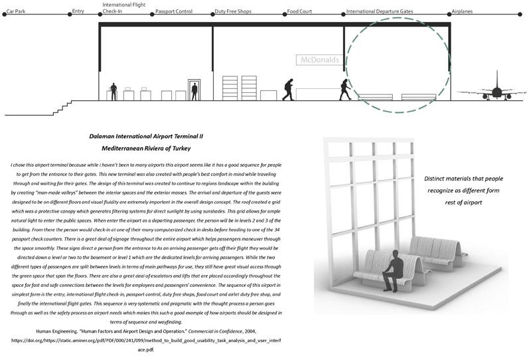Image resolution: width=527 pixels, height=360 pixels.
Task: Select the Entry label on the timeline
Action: pos(78,12)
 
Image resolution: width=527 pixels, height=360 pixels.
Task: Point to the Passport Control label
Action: pos(173,12)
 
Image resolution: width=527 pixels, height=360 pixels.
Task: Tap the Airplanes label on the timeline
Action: pos(466,12)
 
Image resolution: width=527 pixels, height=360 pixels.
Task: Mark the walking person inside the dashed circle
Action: pos(345,90)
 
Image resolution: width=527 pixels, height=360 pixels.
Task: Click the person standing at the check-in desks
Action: pos(113,92)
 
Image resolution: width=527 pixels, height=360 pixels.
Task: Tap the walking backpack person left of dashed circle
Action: pos(288,90)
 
